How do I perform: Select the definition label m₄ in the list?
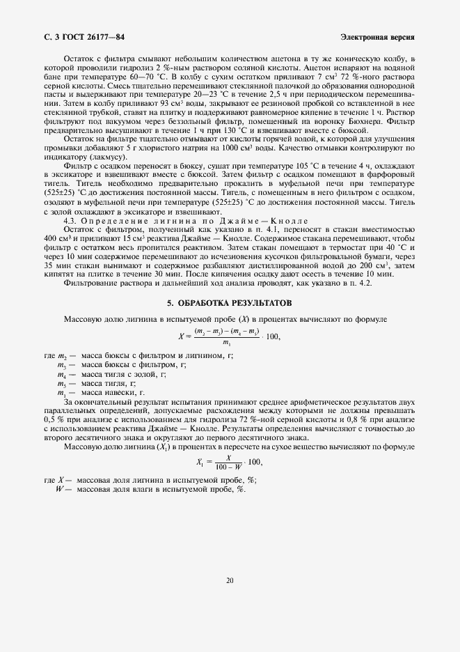(x=61, y=375)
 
